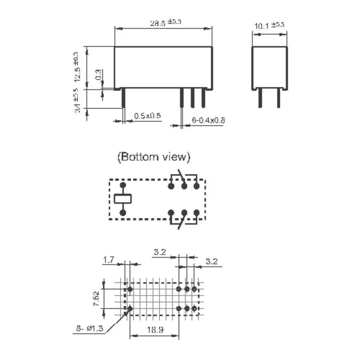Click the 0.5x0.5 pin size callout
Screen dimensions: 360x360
[x=147, y=116]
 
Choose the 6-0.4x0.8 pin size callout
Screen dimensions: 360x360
[x=208, y=121]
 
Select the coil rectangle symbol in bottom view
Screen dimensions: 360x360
[x=123, y=199]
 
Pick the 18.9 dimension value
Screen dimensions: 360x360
[x=154, y=329]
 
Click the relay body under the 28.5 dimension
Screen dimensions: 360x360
[x=163, y=67]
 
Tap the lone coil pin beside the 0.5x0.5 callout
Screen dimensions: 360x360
[x=123, y=98]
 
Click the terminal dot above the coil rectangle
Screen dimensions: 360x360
[x=123, y=186]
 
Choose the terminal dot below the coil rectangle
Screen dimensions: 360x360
[x=123, y=212]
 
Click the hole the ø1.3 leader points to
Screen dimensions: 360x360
[x=130, y=309]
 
